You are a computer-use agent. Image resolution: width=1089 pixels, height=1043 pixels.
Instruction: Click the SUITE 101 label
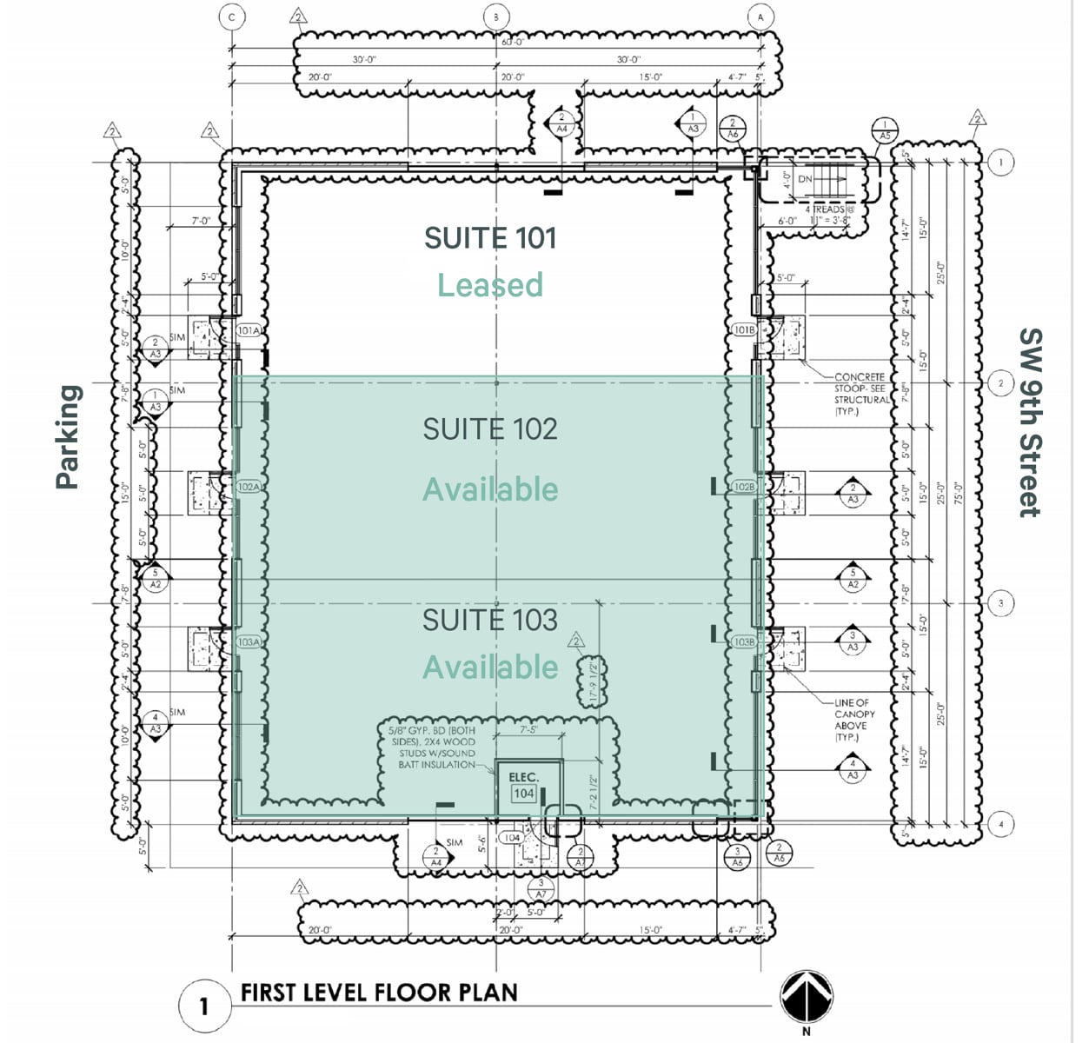click(x=490, y=238)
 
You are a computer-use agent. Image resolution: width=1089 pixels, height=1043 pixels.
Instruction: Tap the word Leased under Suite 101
click(x=490, y=285)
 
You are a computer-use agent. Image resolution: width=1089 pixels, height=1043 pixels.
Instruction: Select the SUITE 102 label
click(x=490, y=428)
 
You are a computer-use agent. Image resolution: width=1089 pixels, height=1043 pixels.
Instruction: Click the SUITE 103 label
click(x=490, y=620)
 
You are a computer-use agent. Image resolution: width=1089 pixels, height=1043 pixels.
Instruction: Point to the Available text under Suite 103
click(x=490, y=667)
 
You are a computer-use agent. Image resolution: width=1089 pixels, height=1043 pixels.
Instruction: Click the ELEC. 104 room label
click(x=523, y=785)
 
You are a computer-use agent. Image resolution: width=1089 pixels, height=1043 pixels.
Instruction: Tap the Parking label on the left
click(x=68, y=437)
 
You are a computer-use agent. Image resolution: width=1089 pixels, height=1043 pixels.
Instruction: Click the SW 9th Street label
click(x=1029, y=422)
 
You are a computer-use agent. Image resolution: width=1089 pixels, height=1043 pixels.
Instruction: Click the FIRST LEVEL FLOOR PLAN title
click(x=379, y=993)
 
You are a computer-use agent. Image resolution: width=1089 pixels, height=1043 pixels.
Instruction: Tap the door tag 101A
click(x=249, y=330)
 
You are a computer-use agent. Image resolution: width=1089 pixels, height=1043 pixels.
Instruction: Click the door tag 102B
click(x=744, y=487)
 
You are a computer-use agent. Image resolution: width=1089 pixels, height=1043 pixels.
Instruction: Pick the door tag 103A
click(x=249, y=641)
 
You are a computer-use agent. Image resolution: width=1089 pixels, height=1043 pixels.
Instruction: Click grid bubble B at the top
click(x=496, y=17)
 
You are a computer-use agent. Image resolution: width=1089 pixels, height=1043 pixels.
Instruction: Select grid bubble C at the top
click(x=232, y=17)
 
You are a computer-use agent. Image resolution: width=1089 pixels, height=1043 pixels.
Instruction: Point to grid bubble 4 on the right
click(x=1000, y=824)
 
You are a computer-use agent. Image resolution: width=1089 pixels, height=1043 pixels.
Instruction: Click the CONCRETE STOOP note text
click(x=861, y=394)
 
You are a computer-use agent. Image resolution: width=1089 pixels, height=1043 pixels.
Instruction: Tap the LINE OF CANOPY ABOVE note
click(x=853, y=720)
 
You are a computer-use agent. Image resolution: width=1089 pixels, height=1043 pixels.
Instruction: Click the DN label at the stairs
click(x=805, y=179)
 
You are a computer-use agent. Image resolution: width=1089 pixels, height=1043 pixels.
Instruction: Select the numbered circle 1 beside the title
click(x=203, y=1006)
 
